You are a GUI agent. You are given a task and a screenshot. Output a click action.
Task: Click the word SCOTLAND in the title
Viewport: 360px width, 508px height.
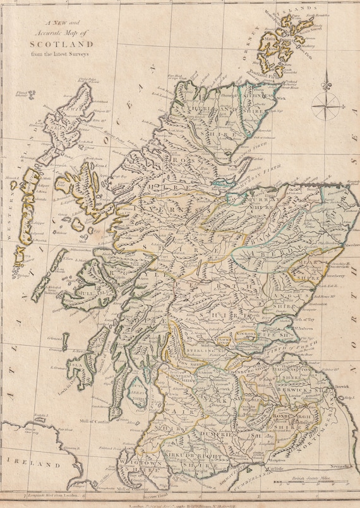click(x=61, y=45)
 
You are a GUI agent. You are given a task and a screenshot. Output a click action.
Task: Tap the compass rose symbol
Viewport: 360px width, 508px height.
click(x=325, y=101)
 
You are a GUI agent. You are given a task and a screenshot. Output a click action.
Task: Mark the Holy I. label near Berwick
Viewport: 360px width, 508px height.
click(x=347, y=398)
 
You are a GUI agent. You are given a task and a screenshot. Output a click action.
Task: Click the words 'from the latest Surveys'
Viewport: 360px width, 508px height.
click(x=61, y=54)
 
